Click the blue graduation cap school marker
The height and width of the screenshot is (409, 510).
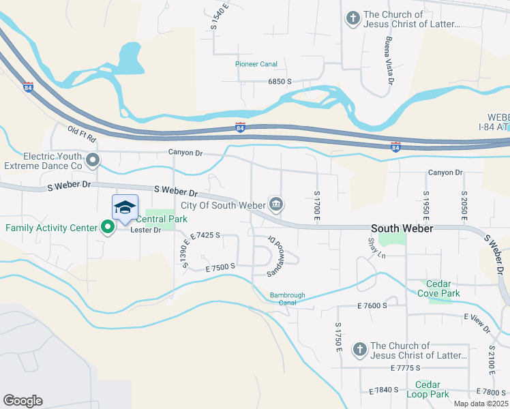point(125,208)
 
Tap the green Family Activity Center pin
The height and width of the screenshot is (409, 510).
point(108,228)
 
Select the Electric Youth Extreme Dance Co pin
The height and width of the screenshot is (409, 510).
point(93,161)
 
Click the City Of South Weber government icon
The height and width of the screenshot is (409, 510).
point(277,204)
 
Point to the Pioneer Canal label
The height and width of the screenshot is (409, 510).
point(256,64)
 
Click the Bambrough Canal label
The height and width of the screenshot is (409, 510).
point(288,299)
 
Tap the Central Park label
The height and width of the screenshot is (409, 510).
point(162,219)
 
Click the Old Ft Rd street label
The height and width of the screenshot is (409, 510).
point(83,134)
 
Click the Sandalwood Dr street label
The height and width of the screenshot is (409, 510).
point(275,256)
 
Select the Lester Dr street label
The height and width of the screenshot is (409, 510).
point(147,230)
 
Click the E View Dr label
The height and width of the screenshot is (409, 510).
point(477,323)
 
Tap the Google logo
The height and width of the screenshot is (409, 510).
point(22,401)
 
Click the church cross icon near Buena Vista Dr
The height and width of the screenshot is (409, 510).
point(352,18)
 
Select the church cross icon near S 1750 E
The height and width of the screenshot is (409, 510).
point(359,350)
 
